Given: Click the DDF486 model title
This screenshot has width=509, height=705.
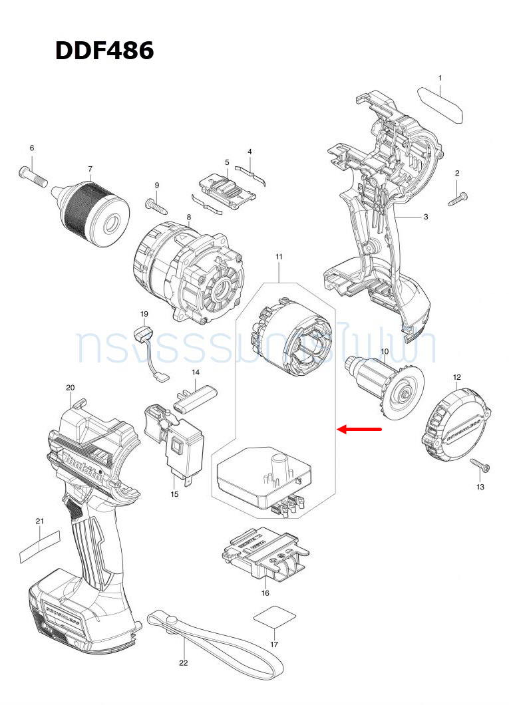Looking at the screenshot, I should click(104, 51).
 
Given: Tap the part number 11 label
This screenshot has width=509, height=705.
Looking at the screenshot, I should click(279, 256).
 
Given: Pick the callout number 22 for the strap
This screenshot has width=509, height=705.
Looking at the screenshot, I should click(183, 662).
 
